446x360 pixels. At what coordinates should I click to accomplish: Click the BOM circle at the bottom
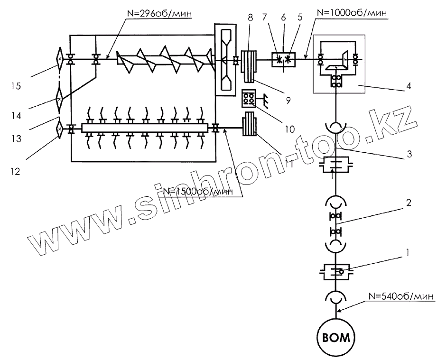[337, 338]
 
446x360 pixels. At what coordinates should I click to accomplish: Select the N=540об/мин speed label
[400, 296]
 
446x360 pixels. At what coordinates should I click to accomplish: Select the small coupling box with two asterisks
[283, 60]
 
